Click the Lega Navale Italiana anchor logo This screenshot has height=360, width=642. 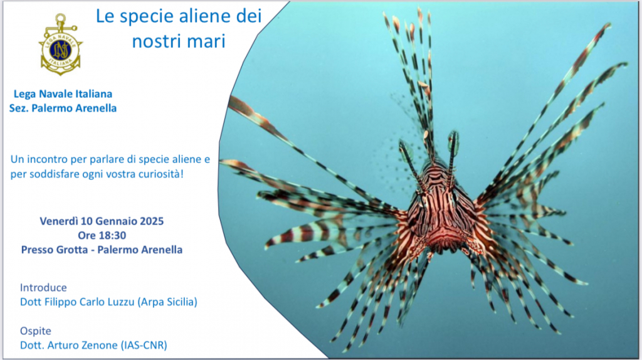click(61, 45)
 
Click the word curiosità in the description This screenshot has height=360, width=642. click(161, 174)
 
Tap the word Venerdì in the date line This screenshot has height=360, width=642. click(59, 221)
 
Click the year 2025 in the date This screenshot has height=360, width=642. click(152, 221)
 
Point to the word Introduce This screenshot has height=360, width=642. click(43, 287)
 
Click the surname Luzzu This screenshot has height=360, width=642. click(121, 302)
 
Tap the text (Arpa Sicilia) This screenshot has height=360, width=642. click(167, 302)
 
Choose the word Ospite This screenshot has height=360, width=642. click(36, 331)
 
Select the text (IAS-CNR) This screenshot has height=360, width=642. click(144, 345)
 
